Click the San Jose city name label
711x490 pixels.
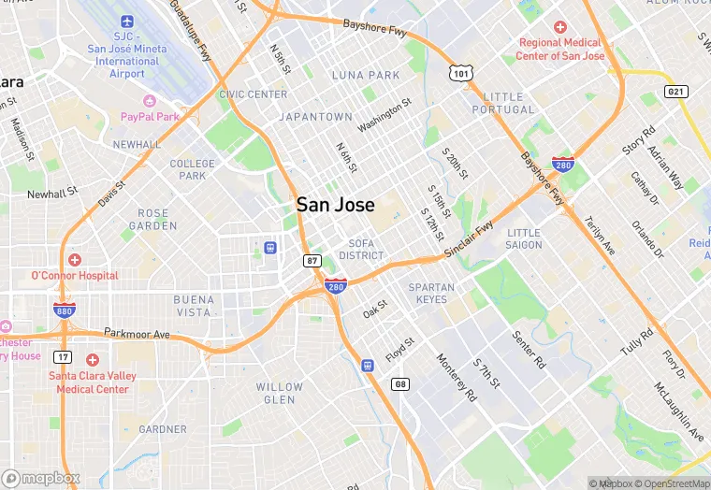coord(336,205)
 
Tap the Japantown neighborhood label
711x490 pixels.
coord(315,118)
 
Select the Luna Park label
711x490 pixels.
coord(365,75)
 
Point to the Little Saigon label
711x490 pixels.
coord(524,238)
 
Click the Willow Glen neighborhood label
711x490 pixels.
coord(280,393)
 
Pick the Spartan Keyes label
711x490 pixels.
coord(431,294)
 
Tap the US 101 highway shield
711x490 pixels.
coord(459,72)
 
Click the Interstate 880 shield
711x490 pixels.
coord(65,310)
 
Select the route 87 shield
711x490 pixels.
coord(312,261)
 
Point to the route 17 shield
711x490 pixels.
coord(63,356)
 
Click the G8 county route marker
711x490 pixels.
coord(400,384)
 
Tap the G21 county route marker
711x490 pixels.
coord(676,91)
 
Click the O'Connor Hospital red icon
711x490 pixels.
coord(74,259)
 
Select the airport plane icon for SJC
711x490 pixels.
coord(127,20)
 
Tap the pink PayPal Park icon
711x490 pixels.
coord(149,100)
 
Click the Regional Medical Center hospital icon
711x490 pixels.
coord(560,28)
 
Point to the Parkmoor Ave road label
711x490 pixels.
coord(137,334)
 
